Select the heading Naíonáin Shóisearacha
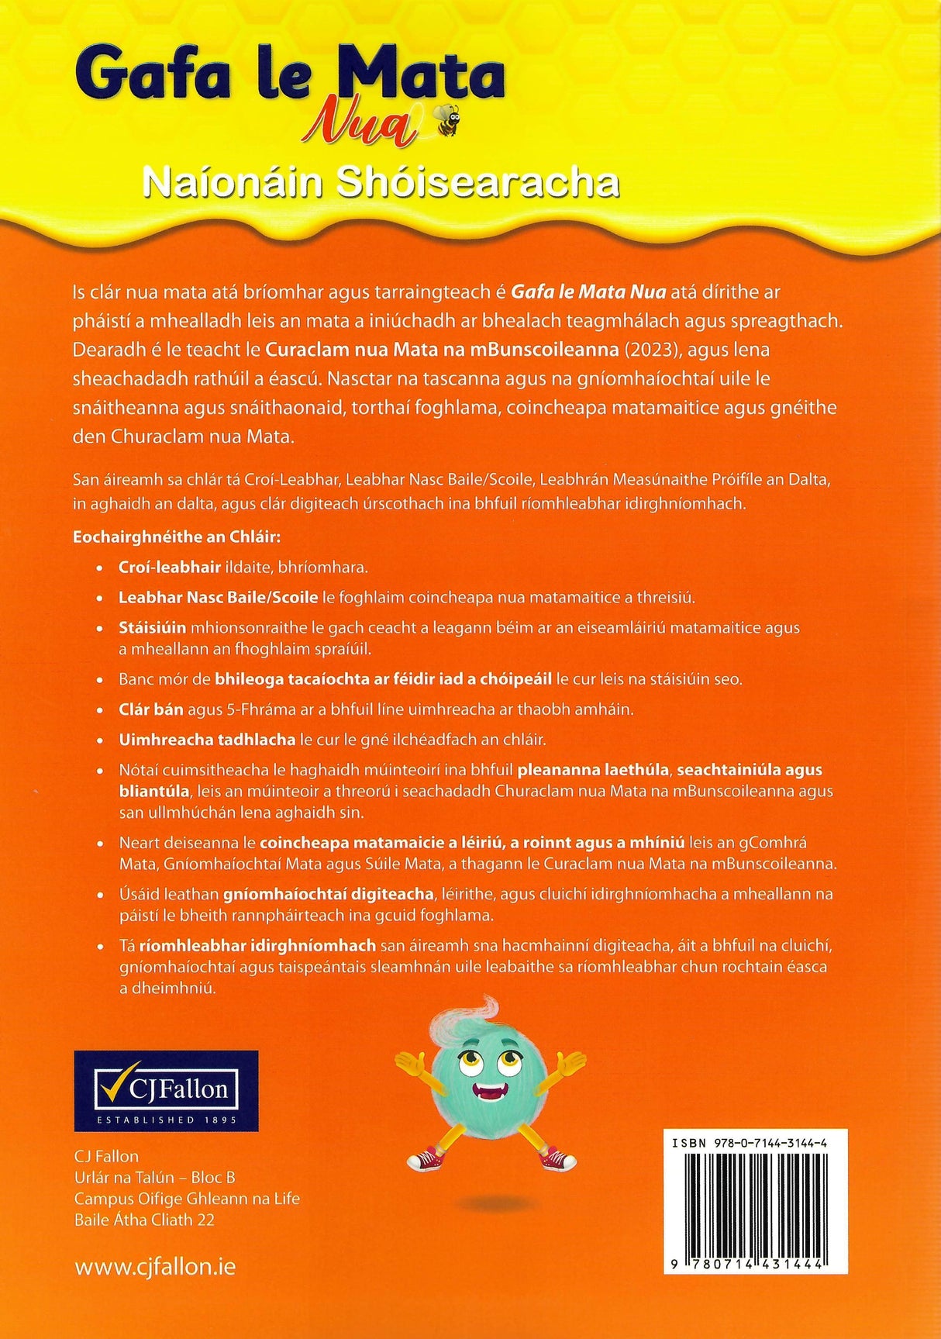click(x=381, y=184)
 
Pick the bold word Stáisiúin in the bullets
click(x=152, y=627)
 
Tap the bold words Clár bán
click(x=152, y=709)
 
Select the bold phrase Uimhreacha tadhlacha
click(x=207, y=740)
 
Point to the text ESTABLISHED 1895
click(x=166, y=1120)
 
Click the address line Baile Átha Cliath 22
click(x=144, y=1220)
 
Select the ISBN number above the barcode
click(x=749, y=1143)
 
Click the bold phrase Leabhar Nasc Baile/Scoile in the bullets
click(x=218, y=598)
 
